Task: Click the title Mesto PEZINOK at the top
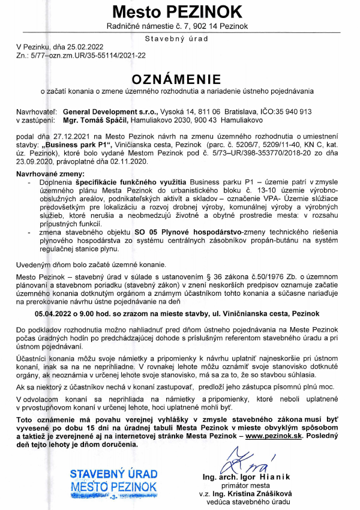(178, 12)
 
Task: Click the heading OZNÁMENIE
(177, 79)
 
